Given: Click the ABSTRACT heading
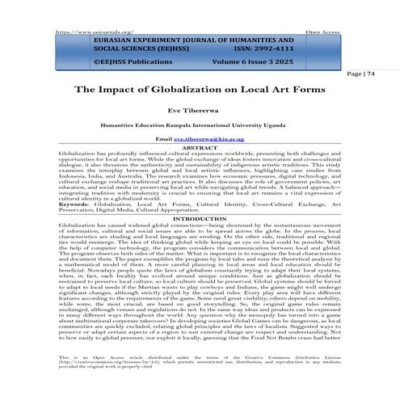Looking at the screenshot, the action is click(x=200, y=148).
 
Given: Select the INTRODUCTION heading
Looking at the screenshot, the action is click(x=200, y=218).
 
